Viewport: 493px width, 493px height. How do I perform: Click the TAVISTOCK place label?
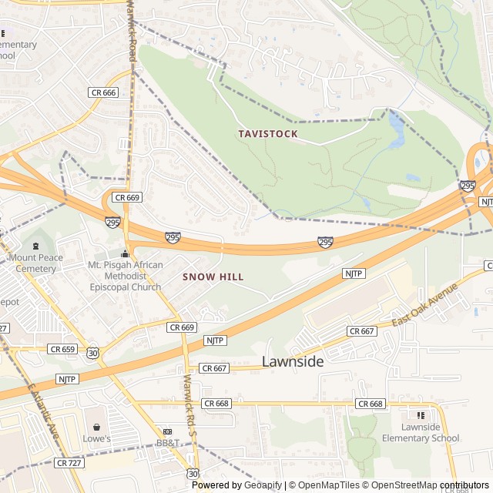267,134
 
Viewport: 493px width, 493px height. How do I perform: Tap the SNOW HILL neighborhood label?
213,277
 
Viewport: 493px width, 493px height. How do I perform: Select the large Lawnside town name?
293,361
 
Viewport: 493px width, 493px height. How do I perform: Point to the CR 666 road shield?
102,92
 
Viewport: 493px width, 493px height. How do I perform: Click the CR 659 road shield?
62,349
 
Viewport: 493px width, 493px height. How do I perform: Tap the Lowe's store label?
97,439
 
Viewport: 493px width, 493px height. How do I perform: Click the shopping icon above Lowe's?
97,427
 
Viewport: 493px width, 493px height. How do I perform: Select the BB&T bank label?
167,444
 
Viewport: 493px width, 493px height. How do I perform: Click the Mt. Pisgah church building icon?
125,253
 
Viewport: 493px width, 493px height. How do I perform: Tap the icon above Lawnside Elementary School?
421,416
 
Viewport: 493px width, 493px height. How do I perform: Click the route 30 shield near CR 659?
92,352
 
